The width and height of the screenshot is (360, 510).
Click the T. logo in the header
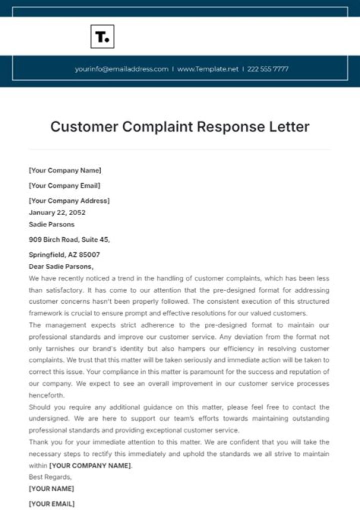(x=102, y=37)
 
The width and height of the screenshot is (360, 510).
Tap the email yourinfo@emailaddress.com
(x=121, y=69)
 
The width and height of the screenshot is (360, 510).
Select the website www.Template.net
(x=207, y=69)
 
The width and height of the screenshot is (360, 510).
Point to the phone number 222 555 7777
(x=267, y=69)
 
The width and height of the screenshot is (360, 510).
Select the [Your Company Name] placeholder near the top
(x=65, y=171)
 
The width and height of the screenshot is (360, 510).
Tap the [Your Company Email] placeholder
(x=64, y=186)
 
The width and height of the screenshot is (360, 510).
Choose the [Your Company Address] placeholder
(x=69, y=201)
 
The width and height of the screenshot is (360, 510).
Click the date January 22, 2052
(x=57, y=213)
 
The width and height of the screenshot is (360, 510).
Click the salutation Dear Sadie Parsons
(x=61, y=267)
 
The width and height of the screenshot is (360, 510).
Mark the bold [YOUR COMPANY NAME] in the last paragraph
(x=90, y=465)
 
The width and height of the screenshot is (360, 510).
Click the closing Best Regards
(x=50, y=477)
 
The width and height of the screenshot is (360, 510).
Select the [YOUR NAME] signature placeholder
(x=51, y=488)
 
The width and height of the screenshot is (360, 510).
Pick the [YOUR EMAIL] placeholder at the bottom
(x=51, y=503)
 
